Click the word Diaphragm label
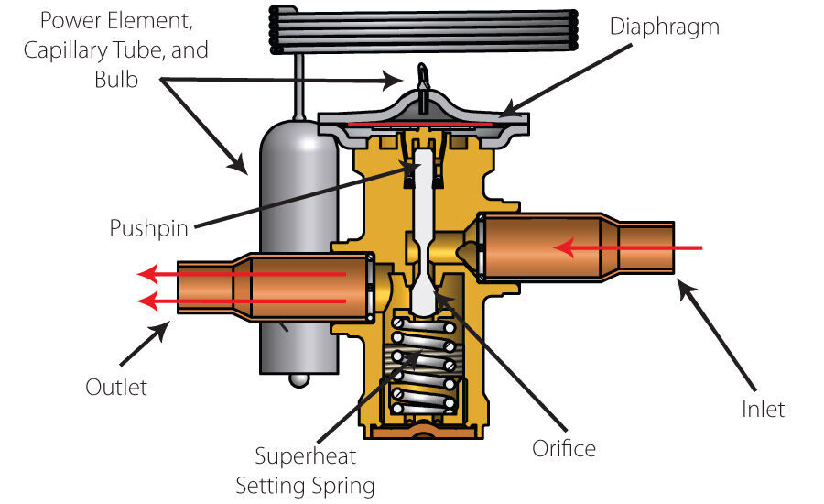(665, 27)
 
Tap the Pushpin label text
(150, 225)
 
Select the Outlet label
(116, 387)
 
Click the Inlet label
(763, 408)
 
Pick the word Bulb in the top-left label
(117, 80)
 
